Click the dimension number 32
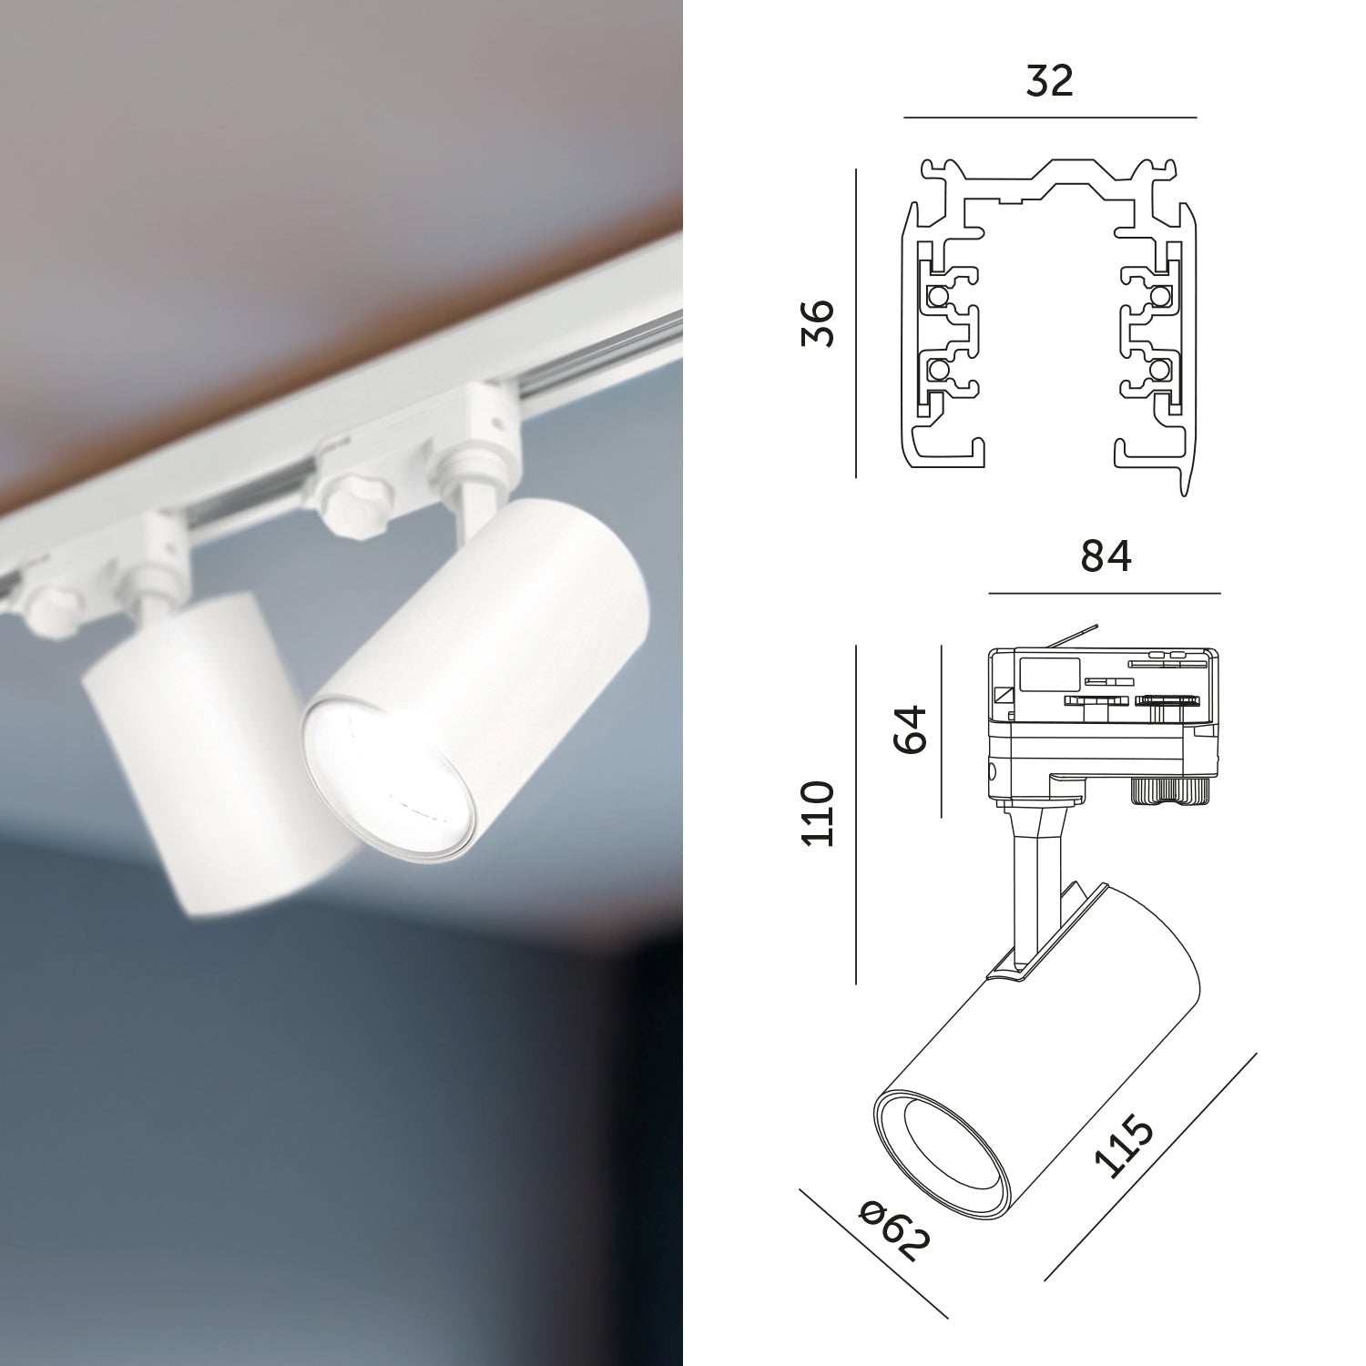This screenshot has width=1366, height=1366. tap(1049, 81)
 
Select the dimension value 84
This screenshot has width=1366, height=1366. tap(1106, 556)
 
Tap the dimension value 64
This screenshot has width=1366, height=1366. tap(910, 727)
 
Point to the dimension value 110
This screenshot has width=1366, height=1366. tap(818, 813)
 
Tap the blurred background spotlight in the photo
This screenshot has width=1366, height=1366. tap(191, 747)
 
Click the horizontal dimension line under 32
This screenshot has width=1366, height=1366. tap(1049, 117)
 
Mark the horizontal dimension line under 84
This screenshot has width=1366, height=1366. tap(1104, 593)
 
